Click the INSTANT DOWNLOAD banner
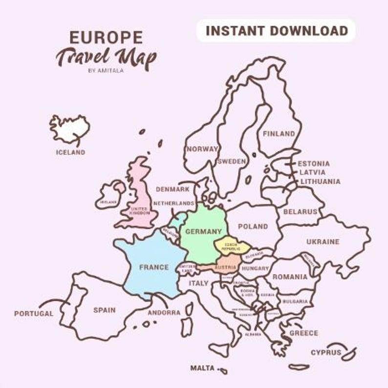[x=277, y=31]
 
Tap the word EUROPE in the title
[x=106, y=37]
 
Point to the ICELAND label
[x=70, y=152]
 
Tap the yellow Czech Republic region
[x=231, y=246]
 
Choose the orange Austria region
[x=224, y=268]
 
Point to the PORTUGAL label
[x=33, y=313]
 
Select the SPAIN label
[x=105, y=310]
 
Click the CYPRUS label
[x=326, y=352]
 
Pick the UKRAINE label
[x=323, y=241]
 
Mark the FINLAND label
[x=279, y=133]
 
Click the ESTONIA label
[x=314, y=164]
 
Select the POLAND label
[x=253, y=226]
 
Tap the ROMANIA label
[x=290, y=277]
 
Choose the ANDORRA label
[x=164, y=312]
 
